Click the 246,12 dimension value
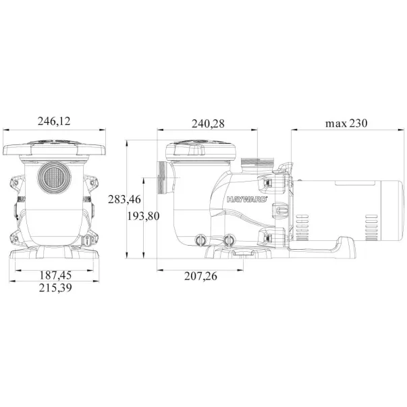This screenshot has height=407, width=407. (x=54, y=121)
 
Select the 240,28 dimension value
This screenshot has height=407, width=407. (x=208, y=124)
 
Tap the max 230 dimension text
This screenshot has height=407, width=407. (x=346, y=123)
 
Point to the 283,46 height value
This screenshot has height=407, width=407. (x=124, y=199)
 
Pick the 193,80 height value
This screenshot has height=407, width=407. (x=143, y=216)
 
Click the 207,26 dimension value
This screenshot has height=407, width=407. (x=200, y=276)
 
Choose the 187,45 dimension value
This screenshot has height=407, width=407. (x=55, y=275)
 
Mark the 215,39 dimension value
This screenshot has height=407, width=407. (x=55, y=288)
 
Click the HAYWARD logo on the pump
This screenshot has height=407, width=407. (x=247, y=199)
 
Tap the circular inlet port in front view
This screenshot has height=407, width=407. (x=54, y=178)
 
